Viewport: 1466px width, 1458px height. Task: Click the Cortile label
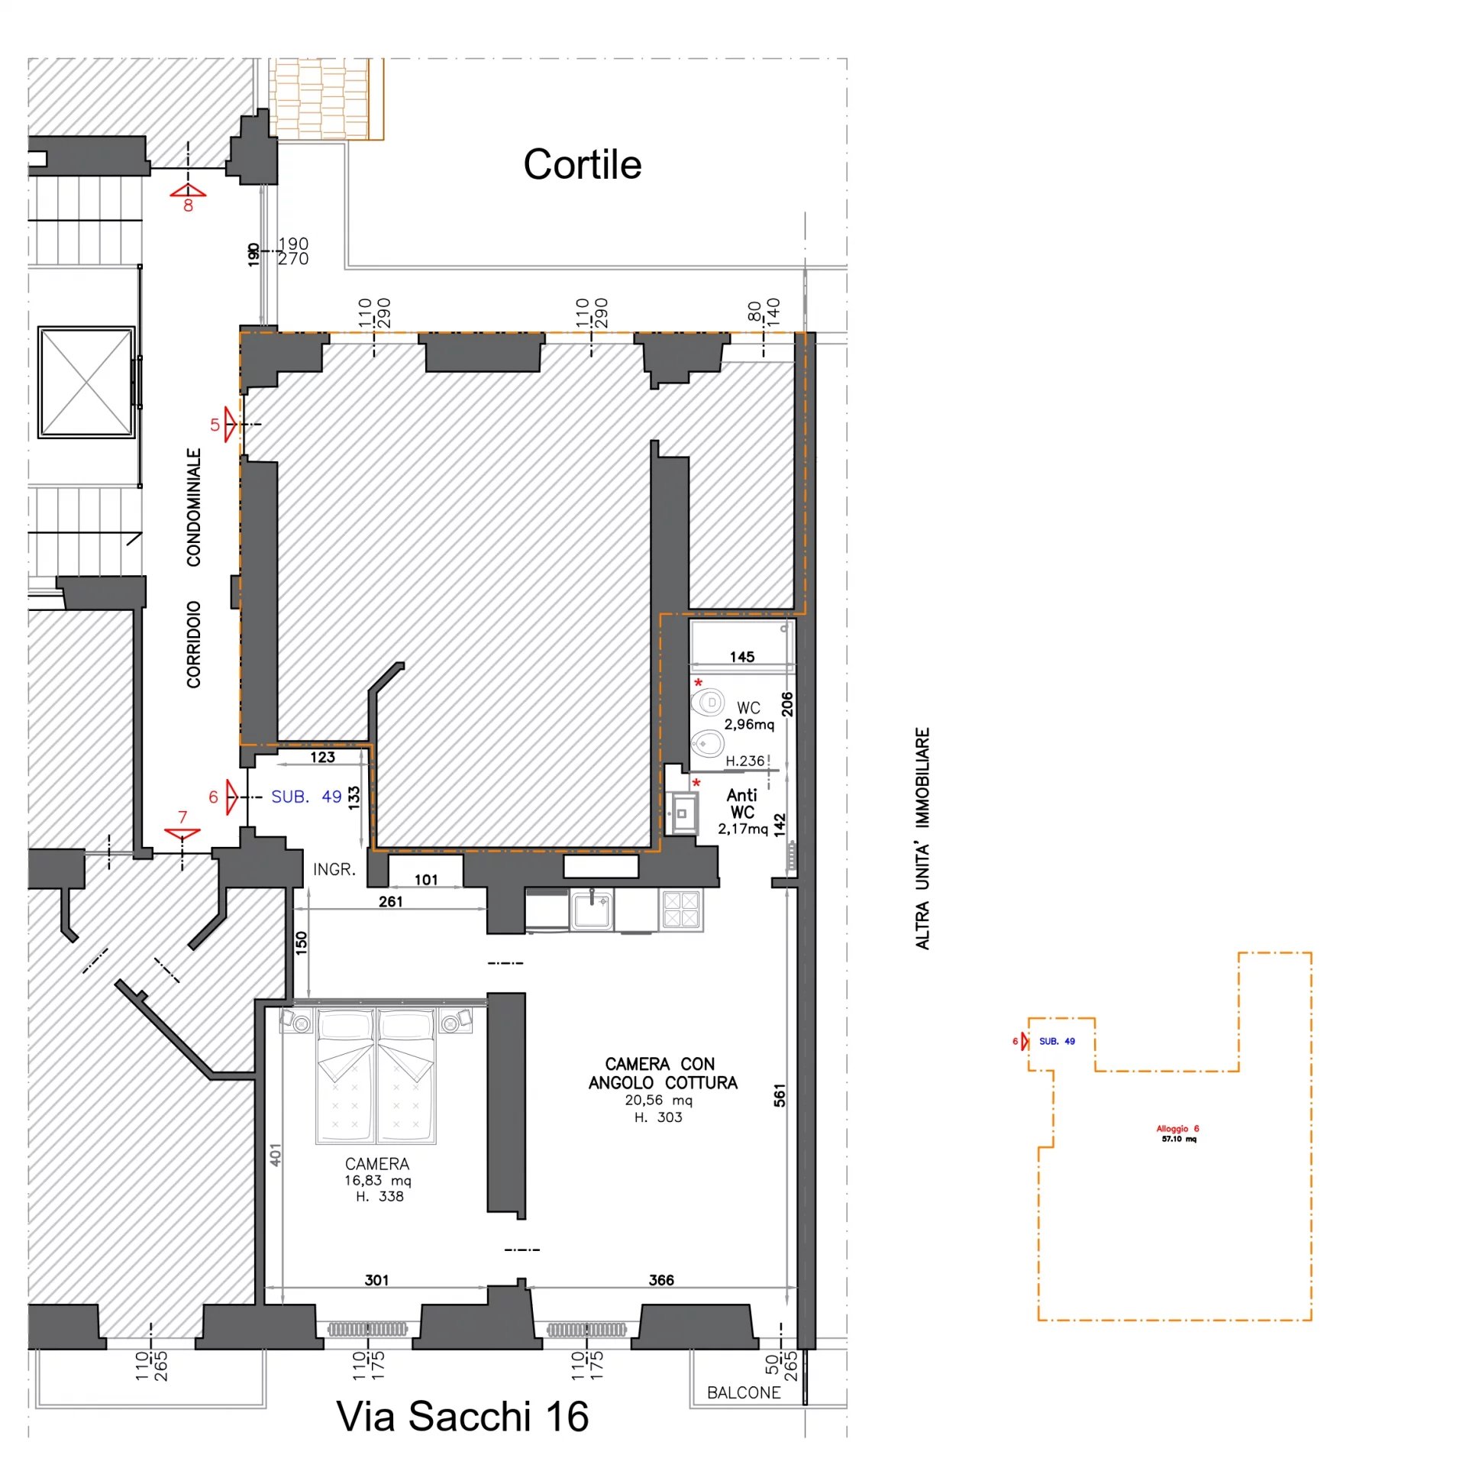coord(582,164)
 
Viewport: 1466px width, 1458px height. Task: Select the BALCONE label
coord(743,1392)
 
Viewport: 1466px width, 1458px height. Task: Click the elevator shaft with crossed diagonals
coord(86,382)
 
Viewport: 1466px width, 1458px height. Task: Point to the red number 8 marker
coord(188,205)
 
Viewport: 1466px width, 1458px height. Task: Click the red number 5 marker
coord(215,425)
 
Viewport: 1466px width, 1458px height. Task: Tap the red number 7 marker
coord(182,817)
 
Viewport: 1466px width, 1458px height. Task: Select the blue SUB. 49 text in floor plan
coord(306,797)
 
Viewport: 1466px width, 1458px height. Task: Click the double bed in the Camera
coord(376,1075)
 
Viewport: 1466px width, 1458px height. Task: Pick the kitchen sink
coord(591,910)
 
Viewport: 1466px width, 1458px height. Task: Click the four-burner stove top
coord(681,909)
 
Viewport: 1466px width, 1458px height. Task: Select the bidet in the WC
coord(707,742)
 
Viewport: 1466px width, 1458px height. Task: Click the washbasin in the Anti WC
coord(682,813)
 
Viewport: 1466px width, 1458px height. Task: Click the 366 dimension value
coord(661,1279)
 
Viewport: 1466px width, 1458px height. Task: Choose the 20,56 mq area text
coord(658,1100)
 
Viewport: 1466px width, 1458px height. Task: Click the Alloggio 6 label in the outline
coord(1177,1128)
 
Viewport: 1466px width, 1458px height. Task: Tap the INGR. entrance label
coord(334,869)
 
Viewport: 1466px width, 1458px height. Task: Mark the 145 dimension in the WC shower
coord(741,657)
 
